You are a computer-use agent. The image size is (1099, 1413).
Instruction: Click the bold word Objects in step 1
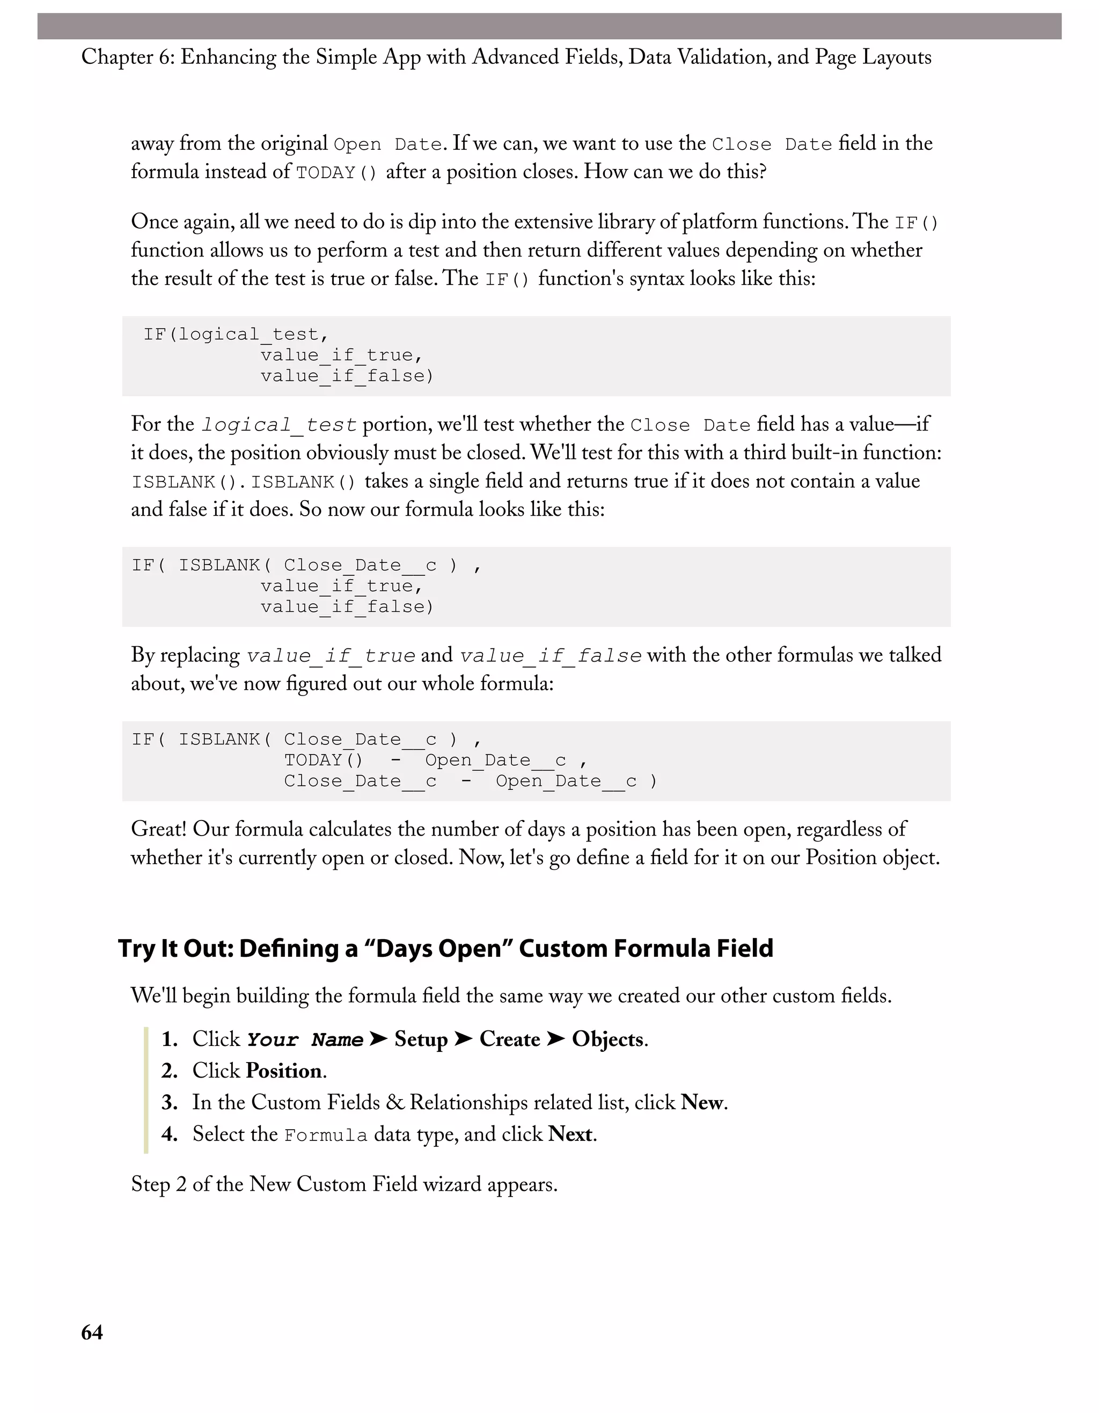click(608, 1039)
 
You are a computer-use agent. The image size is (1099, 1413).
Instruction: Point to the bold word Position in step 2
click(283, 1071)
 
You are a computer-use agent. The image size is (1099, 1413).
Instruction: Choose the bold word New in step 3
click(702, 1103)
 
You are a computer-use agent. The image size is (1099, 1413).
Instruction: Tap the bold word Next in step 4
click(570, 1135)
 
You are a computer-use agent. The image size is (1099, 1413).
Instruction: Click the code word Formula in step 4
click(325, 1136)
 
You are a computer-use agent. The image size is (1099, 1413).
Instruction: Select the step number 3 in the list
click(169, 1103)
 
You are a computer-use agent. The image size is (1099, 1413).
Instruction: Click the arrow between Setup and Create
click(463, 1039)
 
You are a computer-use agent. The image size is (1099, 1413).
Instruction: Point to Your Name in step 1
click(305, 1041)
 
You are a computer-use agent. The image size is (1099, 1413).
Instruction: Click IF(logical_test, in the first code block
click(236, 334)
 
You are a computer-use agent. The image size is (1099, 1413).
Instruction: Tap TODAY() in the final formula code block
click(324, 760)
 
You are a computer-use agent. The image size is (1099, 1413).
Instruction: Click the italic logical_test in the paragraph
click(279, 426)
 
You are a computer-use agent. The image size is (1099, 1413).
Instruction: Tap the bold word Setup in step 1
click(421, 1039)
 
